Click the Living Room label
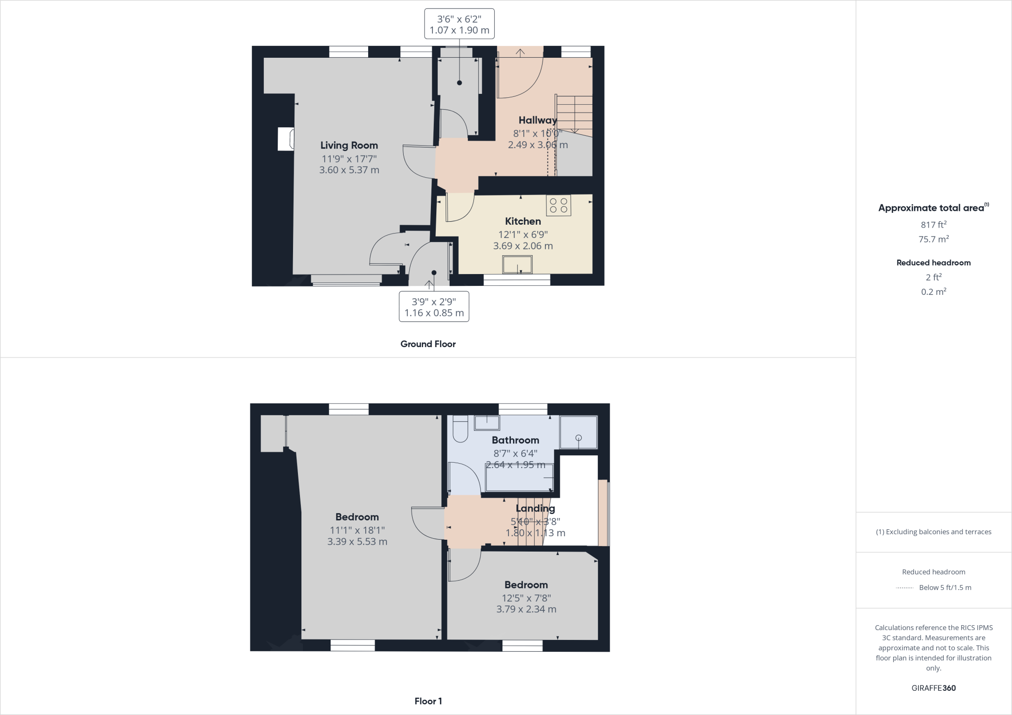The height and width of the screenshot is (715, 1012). coord(349,145)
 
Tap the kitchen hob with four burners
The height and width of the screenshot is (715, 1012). coord(558,205)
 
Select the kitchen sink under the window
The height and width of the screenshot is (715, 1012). coord(517,265)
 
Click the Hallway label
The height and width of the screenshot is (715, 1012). coord(537,120)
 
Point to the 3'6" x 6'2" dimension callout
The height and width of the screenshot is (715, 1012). coord(459,24)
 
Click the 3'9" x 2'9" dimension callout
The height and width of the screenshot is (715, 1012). coord(434,307)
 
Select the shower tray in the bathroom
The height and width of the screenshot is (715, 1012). coord(578,432)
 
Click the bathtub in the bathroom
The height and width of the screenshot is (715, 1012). coord(519,478)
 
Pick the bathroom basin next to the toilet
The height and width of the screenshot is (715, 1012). coord(487,423)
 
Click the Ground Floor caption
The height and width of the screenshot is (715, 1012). coord(428,344)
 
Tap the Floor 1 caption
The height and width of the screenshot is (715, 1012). coord(428,701)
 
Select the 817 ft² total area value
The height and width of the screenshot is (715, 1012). coord(933,225)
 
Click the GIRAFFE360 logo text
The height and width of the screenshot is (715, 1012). coord(933,688)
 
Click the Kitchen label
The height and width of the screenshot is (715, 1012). coord(523,221)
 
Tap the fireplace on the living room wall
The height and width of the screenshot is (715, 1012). coord(286,139)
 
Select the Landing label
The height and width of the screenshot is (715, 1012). coord(535,509)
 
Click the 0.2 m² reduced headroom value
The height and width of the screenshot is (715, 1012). coord(933,292)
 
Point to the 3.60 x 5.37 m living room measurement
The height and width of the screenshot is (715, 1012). coord(349,170)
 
